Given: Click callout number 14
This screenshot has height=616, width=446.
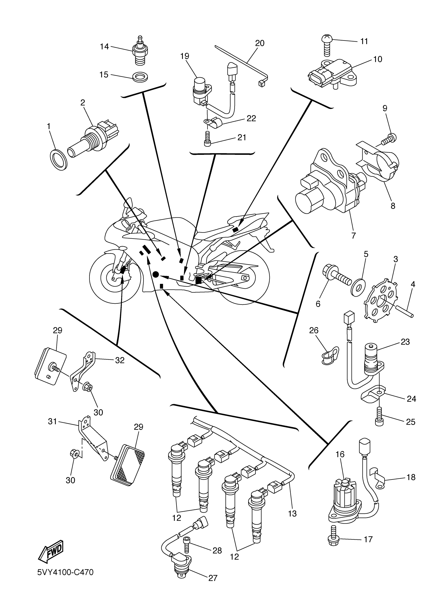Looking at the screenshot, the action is (x=104, y=47).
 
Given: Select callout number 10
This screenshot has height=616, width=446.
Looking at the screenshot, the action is (x=378, y=59).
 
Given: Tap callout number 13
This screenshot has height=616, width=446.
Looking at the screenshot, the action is (x=293, y=514).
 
